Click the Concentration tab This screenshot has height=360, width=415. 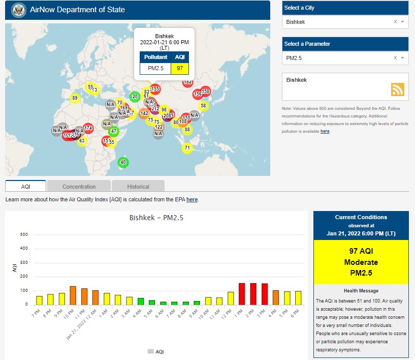(79, 187)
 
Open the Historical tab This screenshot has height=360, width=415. (138, 187)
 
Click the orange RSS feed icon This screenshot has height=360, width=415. (397, 89)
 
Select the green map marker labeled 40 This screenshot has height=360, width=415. (122, 162)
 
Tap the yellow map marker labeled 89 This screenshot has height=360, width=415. (75, 98)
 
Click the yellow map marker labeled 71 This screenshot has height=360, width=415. (187, 148)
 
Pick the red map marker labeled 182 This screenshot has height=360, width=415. (187, 82)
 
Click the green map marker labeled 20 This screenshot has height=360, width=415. (135, 96)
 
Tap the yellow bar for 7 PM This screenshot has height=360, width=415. (39, 300)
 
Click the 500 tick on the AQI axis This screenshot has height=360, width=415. (24, 235)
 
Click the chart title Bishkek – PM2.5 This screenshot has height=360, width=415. (156, 218)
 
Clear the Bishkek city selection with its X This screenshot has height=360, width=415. (395, 22)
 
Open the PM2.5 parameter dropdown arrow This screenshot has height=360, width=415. (402, 58)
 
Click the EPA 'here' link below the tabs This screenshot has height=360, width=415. (191, 200)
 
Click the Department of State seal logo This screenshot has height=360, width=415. (18, 10)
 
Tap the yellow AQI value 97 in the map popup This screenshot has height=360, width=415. (180, 68)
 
